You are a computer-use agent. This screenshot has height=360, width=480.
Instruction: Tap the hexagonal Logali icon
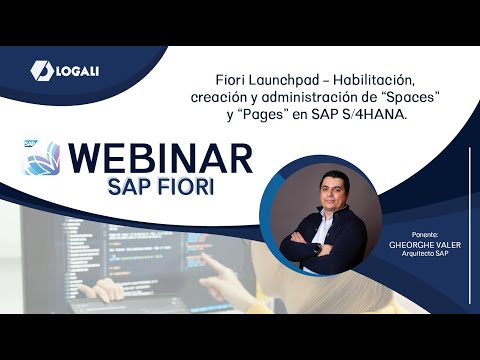click(x=42, y=69)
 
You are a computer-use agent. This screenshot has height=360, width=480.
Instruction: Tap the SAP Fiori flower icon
click(x=40, y=158)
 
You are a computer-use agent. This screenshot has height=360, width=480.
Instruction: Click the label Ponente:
click(x=425, y=232)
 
